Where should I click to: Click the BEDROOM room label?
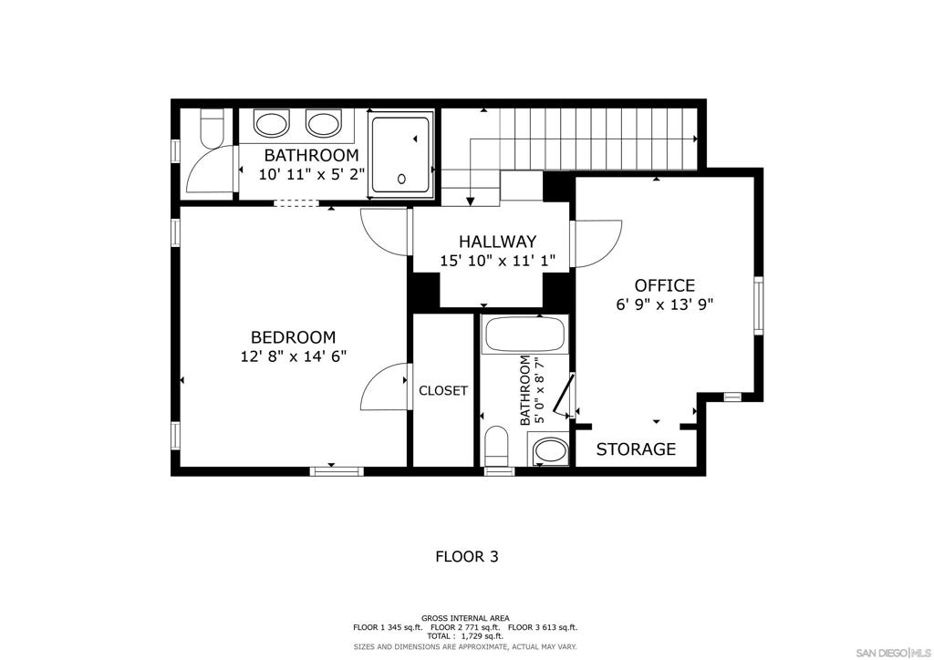coord(293,337)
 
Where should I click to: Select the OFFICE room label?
coord(664,285)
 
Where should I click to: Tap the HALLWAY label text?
coord(497,242)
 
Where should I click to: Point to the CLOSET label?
coord(443,391)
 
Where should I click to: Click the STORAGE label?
coord(636,449)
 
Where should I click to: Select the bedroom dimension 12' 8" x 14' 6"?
coord(293,357)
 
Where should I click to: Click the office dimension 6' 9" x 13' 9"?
coord(664,305)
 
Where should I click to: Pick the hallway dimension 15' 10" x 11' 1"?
coord(497,261)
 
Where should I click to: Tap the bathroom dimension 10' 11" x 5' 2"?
coord(311,175)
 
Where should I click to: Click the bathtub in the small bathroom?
coord(525,335)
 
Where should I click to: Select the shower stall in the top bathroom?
coord(400,155)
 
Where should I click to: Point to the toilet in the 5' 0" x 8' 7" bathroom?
coord(498,446)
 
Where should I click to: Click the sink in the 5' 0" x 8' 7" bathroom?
coord(549,449)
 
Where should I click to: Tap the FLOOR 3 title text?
coord(466,556)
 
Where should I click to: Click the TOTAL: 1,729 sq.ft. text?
coord(466,636)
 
